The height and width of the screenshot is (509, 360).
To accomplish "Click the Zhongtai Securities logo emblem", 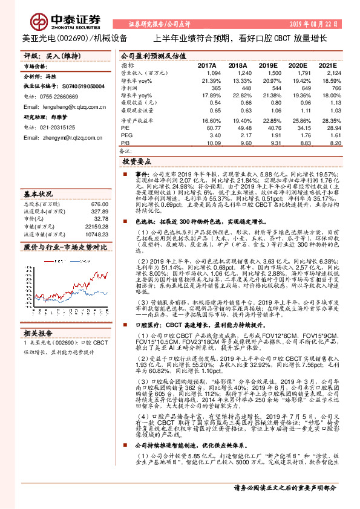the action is pos(40,20).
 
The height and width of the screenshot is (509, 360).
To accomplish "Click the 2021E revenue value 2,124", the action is pos(326,72).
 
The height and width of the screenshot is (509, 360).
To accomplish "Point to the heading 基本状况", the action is pos(38,194).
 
